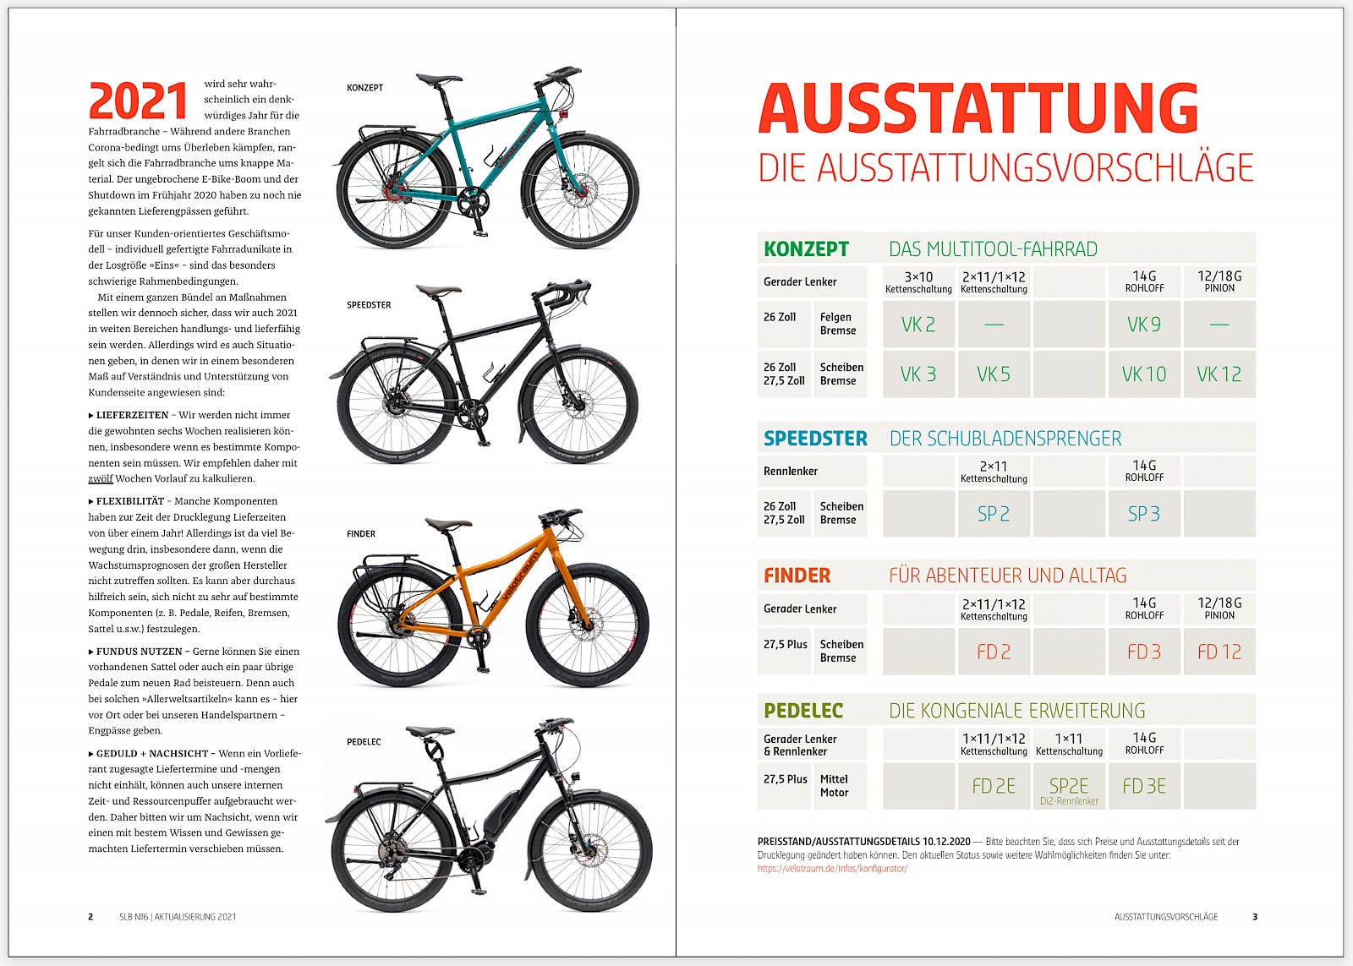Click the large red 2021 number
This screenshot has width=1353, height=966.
[x=138, y=101]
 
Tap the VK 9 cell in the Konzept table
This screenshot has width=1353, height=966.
[x=1143, y=325]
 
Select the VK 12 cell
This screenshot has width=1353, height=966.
[x=1219, y=374]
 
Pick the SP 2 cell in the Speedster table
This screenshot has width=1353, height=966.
[x=994, y=514]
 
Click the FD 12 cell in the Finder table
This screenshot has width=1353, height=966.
[x=1219, y=652]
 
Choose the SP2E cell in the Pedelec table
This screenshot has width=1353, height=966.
[x=1069, y=787]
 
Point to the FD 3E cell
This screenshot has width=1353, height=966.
[x=1143, y=787]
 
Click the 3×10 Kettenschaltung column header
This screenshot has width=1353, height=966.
[x=918, y=282]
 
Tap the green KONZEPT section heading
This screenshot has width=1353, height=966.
[x=806, y=249]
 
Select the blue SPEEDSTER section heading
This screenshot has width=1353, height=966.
[x=815, y=439]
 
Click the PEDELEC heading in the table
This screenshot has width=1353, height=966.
[x=803, y=711]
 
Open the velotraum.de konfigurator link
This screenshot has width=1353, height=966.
[x=832, y=869]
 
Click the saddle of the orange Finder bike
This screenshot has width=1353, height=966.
[x=447, y=524]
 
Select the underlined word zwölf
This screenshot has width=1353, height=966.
[x=101, y=478]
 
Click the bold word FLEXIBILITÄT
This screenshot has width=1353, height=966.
[x=130, y=501]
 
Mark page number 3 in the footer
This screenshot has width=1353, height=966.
[x=1255, y=917]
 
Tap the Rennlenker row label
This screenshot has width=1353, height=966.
[x=791, y=472]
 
